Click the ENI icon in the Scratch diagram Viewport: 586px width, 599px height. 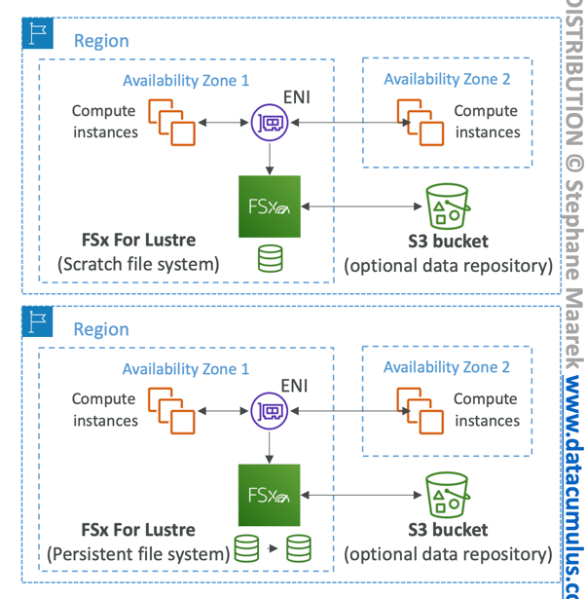click(270, 123)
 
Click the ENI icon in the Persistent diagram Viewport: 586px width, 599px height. click(270, 410)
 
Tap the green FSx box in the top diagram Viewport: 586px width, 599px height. click(270, 206)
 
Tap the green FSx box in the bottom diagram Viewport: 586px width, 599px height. click(270, 495)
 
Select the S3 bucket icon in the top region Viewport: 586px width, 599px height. click(448, 207)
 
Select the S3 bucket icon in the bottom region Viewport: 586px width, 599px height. click(448, 495)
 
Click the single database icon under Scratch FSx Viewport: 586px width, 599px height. click(270, 258)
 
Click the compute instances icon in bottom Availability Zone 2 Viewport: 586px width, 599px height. click(420, 410)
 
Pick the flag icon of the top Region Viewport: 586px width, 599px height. click(37, 34)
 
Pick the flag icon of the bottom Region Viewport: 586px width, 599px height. click(37, 322)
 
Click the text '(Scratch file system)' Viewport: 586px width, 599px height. click(138, 263)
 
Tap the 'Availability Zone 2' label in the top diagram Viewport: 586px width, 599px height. click(446, 79)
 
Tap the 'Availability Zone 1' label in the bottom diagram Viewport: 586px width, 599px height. click(185, 369)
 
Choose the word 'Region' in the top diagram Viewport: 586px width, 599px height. click(101, 41)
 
